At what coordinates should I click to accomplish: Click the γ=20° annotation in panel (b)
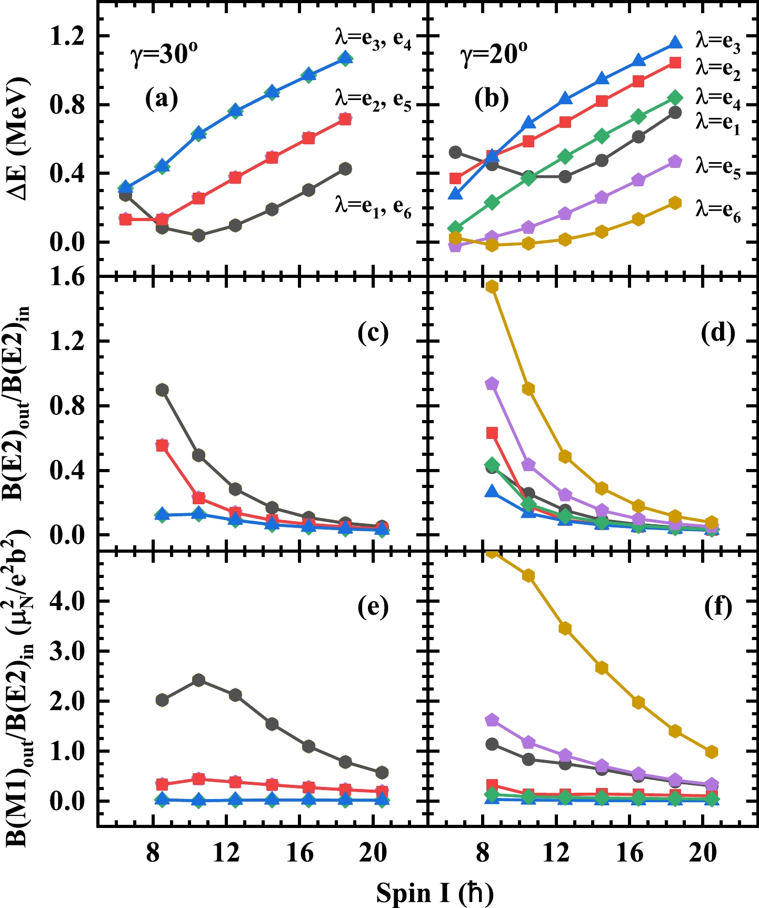494,54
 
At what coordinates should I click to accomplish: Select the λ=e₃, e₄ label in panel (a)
373,39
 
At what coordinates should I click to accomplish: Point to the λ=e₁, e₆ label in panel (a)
373,206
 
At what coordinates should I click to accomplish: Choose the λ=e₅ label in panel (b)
718,167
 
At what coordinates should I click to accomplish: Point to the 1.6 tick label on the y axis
66,277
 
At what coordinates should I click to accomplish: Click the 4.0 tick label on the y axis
66,601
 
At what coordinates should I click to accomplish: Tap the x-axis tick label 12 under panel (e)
226,853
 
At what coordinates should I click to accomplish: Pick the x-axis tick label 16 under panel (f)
630,853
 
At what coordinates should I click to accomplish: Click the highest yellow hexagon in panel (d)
492,286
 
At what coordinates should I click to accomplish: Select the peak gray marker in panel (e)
198,680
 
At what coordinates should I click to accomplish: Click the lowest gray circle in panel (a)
198,235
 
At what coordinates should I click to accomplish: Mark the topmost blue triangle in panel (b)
675,43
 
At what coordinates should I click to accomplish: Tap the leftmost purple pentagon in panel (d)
492,384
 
